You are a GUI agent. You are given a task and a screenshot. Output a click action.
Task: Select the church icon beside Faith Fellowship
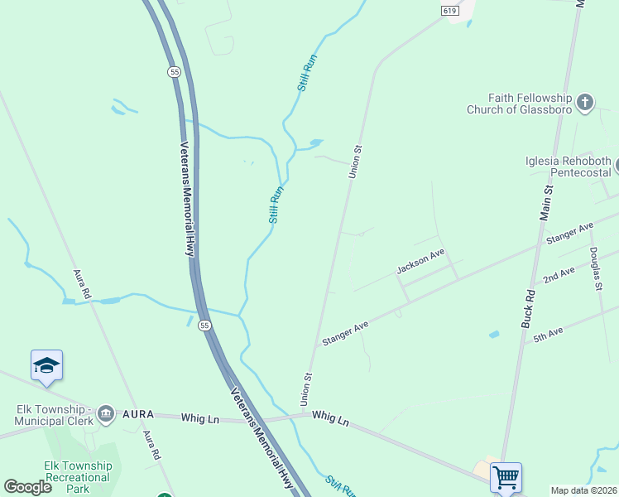[x=585, y=103]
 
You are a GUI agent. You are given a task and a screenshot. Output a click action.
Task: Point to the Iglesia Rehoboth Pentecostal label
[x=568, y=166]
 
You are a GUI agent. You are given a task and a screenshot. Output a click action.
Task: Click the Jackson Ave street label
[x=420, y=261]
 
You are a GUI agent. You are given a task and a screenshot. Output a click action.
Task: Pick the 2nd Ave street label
[x=559, y=275]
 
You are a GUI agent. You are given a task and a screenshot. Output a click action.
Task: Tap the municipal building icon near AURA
[x=105, y=413]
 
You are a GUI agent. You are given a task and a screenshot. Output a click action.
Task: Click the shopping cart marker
[x=506, y=477]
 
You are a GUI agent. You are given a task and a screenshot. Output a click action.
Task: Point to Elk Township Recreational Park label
[x=77, y=477]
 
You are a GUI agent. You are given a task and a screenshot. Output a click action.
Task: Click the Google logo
[x=28, y=487]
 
